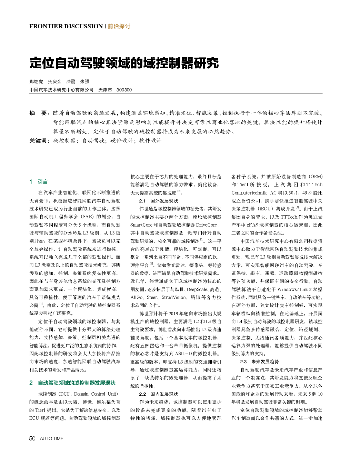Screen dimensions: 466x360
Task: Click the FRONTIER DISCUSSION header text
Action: pyautogui.click(x=66, y=26)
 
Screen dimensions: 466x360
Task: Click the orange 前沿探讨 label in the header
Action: pyautogui.click(x=119, y=26)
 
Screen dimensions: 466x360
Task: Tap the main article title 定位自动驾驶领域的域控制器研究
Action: pyautogui.click(x=124, y=63)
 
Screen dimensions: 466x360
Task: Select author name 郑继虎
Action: pyautogui.click(x=36, y=81)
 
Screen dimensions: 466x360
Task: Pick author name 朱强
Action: pyautogui.click(x=84, y=81)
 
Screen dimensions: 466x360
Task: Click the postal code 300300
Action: pyautogui.click(x=124, y=90)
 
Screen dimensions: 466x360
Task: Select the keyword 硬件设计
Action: pyautogui.click(x=122, y=141)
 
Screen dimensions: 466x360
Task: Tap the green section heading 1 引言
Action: pyautogui.click(x=39, y=182)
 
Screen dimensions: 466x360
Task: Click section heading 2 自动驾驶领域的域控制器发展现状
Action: pyautogui.click(x=72, y=383)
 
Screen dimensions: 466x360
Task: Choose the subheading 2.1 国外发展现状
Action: pyautogui.click(x=159, y=201)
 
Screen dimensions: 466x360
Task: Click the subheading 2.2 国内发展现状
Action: pyautogui.click(x=159, y=394)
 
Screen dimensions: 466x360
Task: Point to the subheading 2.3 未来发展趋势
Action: pyautogui.click(x=259, y=361)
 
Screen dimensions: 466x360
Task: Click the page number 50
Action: pyautogui.click(x=32, y=438)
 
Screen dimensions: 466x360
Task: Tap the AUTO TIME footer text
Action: pyautogui.click(x=52, y=438)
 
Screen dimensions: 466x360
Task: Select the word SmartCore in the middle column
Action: pyautogui.click(x=141, y=225)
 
